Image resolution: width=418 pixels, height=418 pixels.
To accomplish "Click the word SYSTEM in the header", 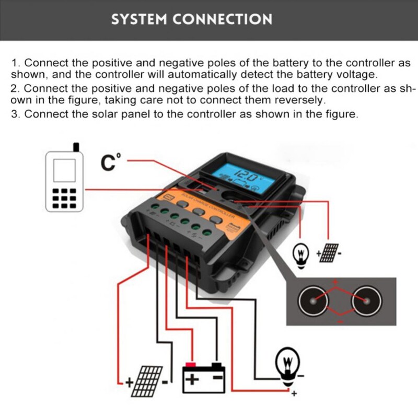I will (137, 19).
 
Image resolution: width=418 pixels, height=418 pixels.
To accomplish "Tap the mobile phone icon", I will (65, 180).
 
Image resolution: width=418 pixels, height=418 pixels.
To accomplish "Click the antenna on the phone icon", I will (76, 146).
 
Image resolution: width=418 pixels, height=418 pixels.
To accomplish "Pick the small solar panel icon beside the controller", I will (329, 252).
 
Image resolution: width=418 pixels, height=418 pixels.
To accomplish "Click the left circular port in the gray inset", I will (313, 301).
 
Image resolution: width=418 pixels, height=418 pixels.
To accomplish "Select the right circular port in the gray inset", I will (364, 301).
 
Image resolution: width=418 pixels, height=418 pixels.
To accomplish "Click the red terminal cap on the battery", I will (191, 364).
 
